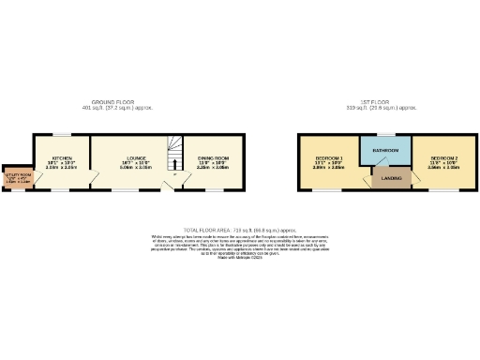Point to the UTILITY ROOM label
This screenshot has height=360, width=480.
tap(16, 174)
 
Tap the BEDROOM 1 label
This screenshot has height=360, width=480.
tap(328, 157)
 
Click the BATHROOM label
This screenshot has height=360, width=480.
tap(385, 150)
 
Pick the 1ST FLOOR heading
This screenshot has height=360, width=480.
tap(385, 104)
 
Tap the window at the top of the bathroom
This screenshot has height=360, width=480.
tap(385, 135)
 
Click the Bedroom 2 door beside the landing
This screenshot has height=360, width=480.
tap(409, 173)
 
